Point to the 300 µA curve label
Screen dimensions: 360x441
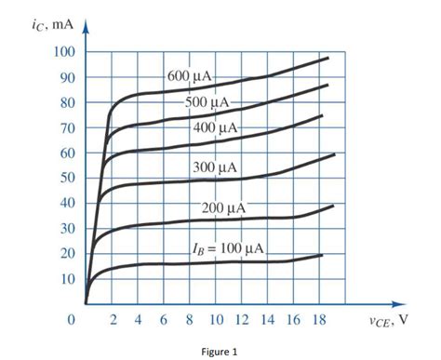[215, 167]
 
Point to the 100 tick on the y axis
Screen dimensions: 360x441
[62, 51]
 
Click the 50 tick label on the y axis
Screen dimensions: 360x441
[66, 178]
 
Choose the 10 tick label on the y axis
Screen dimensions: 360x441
[66, 279]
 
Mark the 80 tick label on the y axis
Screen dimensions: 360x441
[66, 102]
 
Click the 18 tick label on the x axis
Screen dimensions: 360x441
[320, 321]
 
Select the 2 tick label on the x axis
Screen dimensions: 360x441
[114, 321]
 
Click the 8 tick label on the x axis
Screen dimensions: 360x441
[191, 321]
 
